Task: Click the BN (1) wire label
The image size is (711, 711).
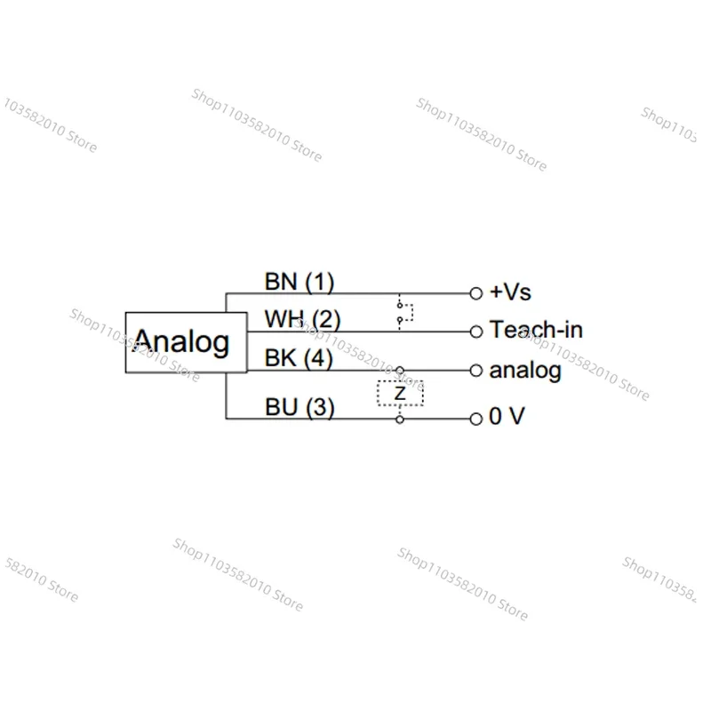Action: coord(300,282)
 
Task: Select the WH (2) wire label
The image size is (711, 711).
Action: coord(302,319)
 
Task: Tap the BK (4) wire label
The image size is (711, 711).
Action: coord(299,358)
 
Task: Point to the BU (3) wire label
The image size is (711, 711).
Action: coord(300,407)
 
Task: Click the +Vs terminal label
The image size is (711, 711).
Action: coord(510,292)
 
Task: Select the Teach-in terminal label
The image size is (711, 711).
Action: coord(536,329)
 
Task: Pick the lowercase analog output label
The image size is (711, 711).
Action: coord(525,371)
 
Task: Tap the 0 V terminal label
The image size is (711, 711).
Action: coord(507,416)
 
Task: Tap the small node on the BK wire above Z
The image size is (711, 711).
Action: coord(399,371)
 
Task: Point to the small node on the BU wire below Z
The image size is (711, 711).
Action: coord(399,419)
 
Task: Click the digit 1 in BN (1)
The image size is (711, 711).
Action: coord(320,282)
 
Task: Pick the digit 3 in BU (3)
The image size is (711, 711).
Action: coord(320,407)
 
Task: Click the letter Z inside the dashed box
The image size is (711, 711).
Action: coord(400,393)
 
